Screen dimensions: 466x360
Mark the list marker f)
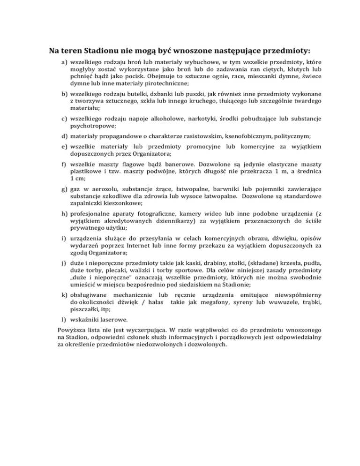(65, 165)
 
